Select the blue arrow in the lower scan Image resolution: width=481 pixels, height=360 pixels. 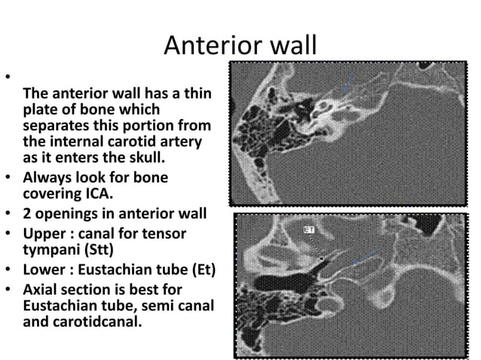click(367, 258)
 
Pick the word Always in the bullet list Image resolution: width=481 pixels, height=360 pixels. click(47, 178)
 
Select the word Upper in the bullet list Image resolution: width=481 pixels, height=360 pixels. click(44, 234)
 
